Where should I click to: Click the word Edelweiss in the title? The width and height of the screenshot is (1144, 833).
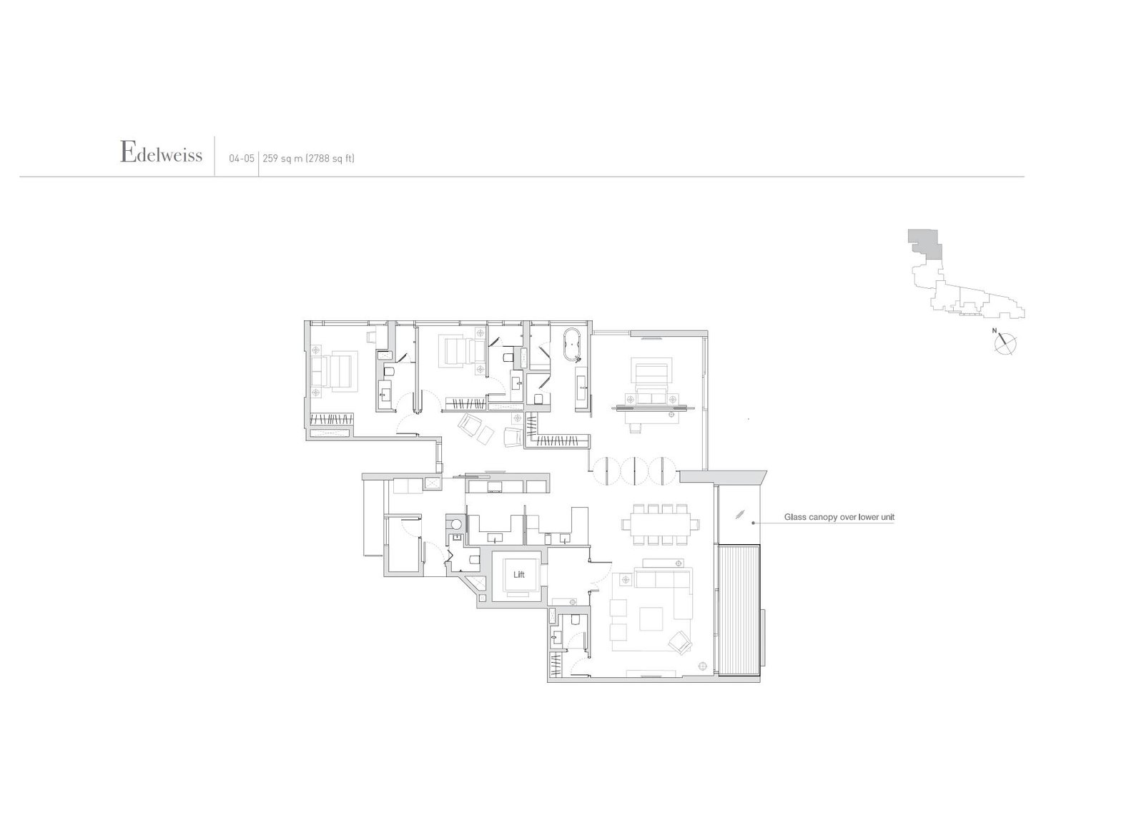162,153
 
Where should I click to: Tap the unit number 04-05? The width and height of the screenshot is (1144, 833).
242,159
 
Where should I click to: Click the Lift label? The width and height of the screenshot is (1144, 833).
519,574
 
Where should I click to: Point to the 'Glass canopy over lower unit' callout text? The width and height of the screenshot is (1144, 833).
839,517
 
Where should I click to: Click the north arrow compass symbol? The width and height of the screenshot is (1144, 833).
1005,343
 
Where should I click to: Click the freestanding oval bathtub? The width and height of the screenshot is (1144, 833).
572,344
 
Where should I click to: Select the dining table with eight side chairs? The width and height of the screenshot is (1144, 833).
657,523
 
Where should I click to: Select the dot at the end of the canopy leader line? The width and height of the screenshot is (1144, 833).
754,523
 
